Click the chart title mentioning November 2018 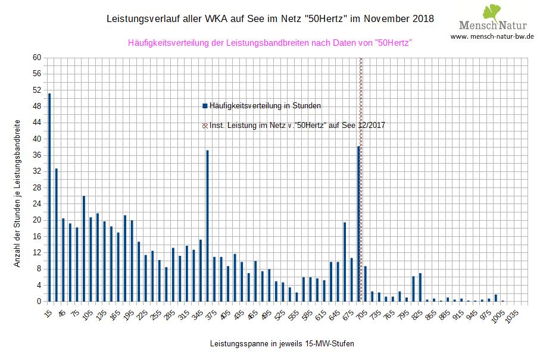pyautogui.click(x=270, y=19)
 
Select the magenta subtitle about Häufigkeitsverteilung pyautogui.click(x=270, y=43)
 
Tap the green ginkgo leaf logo pyautogui.click(x=492, y=12)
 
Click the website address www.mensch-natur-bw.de pyautogui.click(x=492, y=36)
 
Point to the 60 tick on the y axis pyautogui.click(x=37, y=58)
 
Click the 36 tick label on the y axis pyautogui.click(x=37, y=155)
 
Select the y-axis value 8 pyautogui.click(x=39, y=269)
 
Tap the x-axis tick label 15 pyautogui.click(x=47, y=312)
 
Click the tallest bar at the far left pyautogui.click(x=49, y=196)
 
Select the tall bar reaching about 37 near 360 pyautogui.click(x=207, y=226)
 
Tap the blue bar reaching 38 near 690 pyautogui.click(x=358, y=224)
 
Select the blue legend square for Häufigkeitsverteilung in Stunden pyautogui.click(x=205, y=106)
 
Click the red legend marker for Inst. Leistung pyautogui.click(x=205, y=126)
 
